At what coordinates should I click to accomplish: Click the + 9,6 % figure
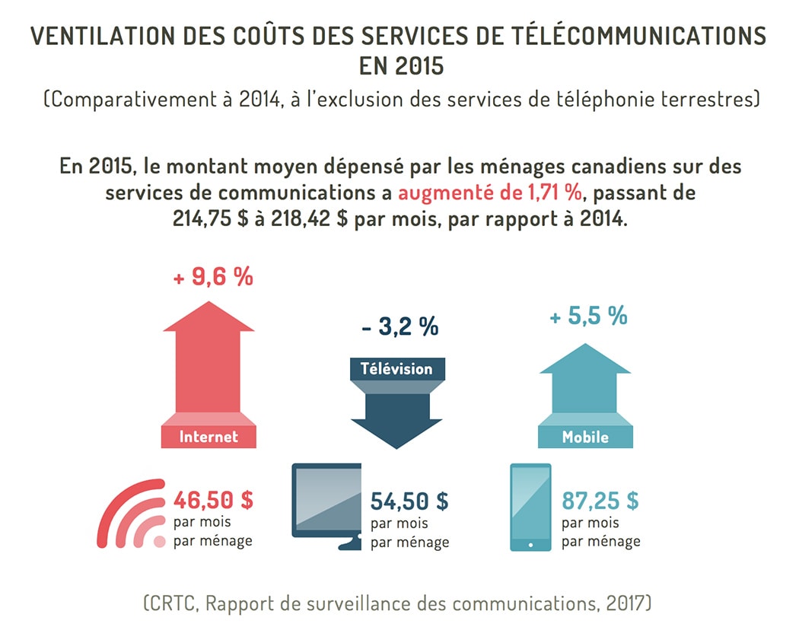point(213,278)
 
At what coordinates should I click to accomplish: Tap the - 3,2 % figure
point(400,327)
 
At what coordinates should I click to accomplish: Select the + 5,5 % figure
point(588,315)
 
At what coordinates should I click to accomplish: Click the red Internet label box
point(209,437)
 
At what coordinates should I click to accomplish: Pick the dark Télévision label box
point(396,369)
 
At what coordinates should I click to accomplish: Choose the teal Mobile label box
point(585,437)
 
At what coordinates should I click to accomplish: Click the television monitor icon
point(327,502)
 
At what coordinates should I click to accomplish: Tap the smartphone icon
point(530,508)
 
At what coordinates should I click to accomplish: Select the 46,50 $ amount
point(213,500)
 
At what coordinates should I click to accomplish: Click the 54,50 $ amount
point(409,501)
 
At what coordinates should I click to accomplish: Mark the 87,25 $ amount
point(600,501)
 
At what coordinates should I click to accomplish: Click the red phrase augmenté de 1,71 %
point(489,192)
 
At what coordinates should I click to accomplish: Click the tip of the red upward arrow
point(209,303)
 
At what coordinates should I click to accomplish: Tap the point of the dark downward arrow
point(396,446)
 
